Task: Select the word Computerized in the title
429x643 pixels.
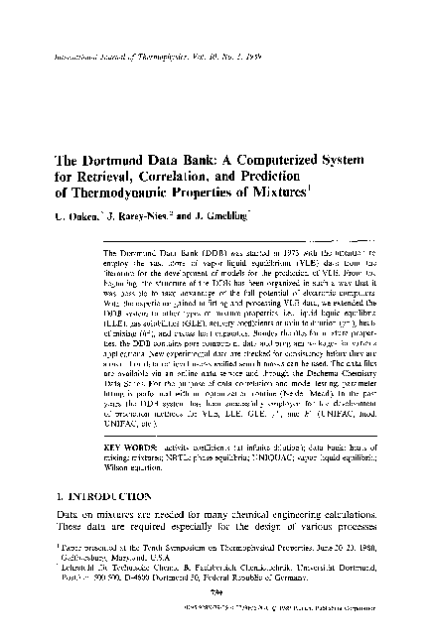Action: (275, 161)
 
